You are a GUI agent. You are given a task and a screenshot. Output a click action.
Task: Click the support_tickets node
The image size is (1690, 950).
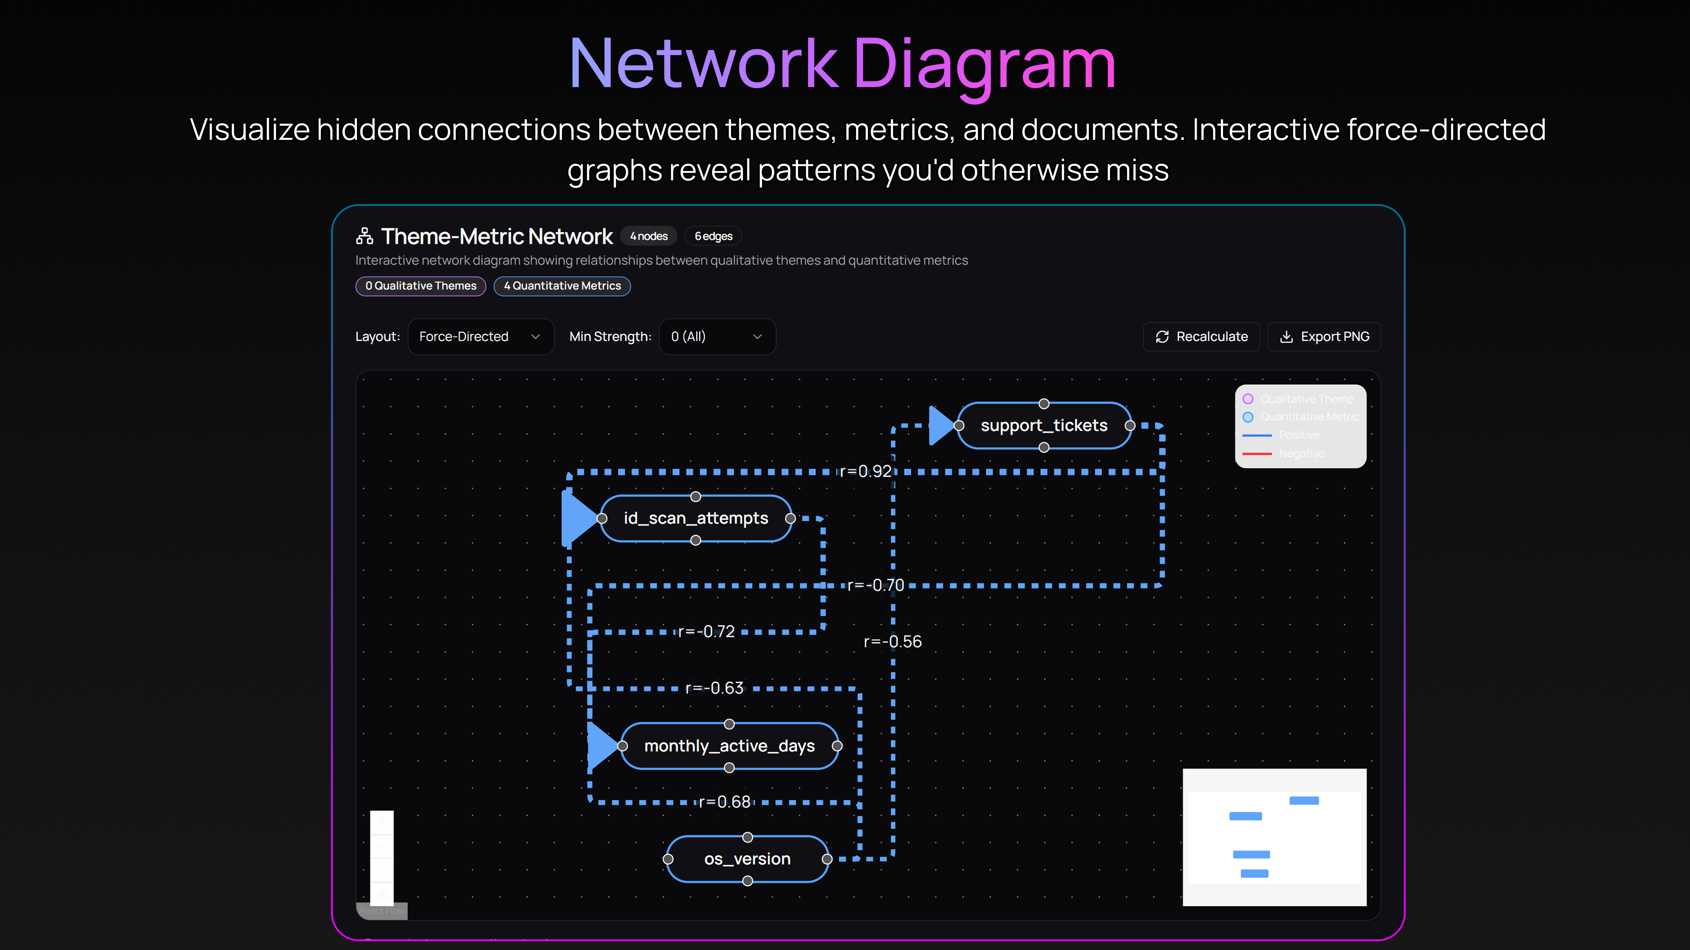pyautogui.click(x=1044, y=425)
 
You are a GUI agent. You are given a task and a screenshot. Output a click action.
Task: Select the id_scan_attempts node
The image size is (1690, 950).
pyautogui.click(x=695, y=519)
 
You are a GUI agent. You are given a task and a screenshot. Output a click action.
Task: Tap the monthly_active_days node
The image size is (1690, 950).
pyautogui.click(x=729, y=746)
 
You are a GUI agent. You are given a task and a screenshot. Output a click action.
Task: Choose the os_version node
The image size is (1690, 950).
pyautogui.click(x=747, y=859)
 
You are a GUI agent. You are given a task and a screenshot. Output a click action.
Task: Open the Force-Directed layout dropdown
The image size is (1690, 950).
pyautogui.click(x=480, y=336)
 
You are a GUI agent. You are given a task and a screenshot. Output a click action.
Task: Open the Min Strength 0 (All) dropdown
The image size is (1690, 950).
pyautogui.click(x=717, y=336)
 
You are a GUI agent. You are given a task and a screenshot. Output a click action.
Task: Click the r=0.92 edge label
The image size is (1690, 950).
pyautogui.click(x=865, y=471)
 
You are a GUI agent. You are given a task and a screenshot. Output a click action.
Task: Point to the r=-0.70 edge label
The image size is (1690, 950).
pyautogui.click(x=875, y=585)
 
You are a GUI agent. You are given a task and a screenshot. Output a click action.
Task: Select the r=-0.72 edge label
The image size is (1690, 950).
pyautogui.click(x=706, y=632)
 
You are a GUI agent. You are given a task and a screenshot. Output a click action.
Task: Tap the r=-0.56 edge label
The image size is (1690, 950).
pyautogui.click(x=892, y=642)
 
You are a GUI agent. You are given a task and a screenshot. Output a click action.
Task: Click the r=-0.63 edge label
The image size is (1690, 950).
pyautogui.click(x=714, y=688)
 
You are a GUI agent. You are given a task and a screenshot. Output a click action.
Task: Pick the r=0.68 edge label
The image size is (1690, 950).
pyautogui.click(x=724, y=802)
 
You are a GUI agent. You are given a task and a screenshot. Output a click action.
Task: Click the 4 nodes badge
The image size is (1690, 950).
pyautogui.click(x=648, y=236)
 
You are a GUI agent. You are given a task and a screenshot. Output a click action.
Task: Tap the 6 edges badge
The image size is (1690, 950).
pyautogui.click(x=713, y=236)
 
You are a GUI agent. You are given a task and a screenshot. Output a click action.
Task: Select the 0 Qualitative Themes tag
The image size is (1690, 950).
pyautogui.click(x=421, y=286)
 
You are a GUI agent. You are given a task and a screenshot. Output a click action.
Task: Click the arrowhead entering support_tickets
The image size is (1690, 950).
pyautogui.click(x=941, y=425)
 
